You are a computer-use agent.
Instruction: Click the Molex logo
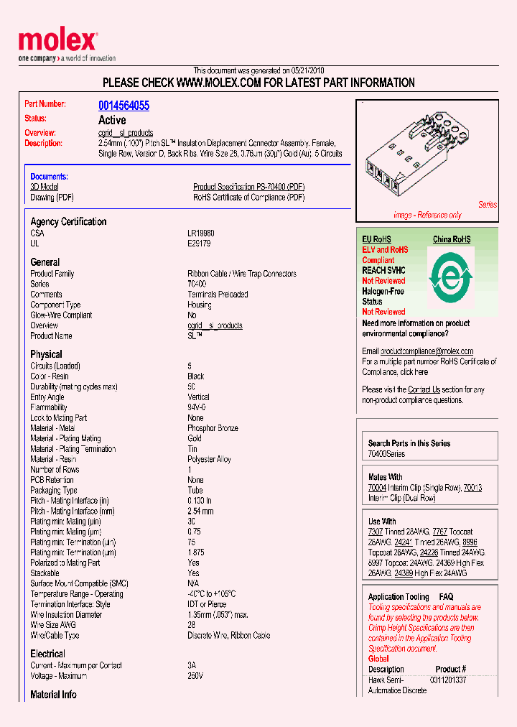coord(57,42)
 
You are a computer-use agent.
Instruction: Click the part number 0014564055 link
coord(124,106)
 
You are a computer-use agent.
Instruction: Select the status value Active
coord(112,120)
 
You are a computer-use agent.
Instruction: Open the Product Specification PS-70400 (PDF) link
coord(248,187)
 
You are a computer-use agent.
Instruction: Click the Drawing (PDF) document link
coord(52,198)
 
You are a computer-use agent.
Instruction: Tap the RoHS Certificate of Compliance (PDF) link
coord(248,198)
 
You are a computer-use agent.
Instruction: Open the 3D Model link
coord(44,187)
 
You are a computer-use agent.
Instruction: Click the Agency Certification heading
coord(68,222)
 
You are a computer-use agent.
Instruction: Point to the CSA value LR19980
coord(201,233)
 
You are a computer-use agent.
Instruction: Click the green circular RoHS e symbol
coord(451,277)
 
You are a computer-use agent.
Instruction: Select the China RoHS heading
coord(452,239)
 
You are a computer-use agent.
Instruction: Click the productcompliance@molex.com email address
coord(427,351)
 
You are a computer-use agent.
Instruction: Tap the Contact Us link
coord(424,389)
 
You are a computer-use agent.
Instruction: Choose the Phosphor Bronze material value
coord(213,428)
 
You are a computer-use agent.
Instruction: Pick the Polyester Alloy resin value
coord(209,459)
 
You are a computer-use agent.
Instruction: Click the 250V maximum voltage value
coord(195,676)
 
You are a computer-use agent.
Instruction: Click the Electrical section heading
coord(47,654)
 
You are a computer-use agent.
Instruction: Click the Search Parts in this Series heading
coord(409,443)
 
